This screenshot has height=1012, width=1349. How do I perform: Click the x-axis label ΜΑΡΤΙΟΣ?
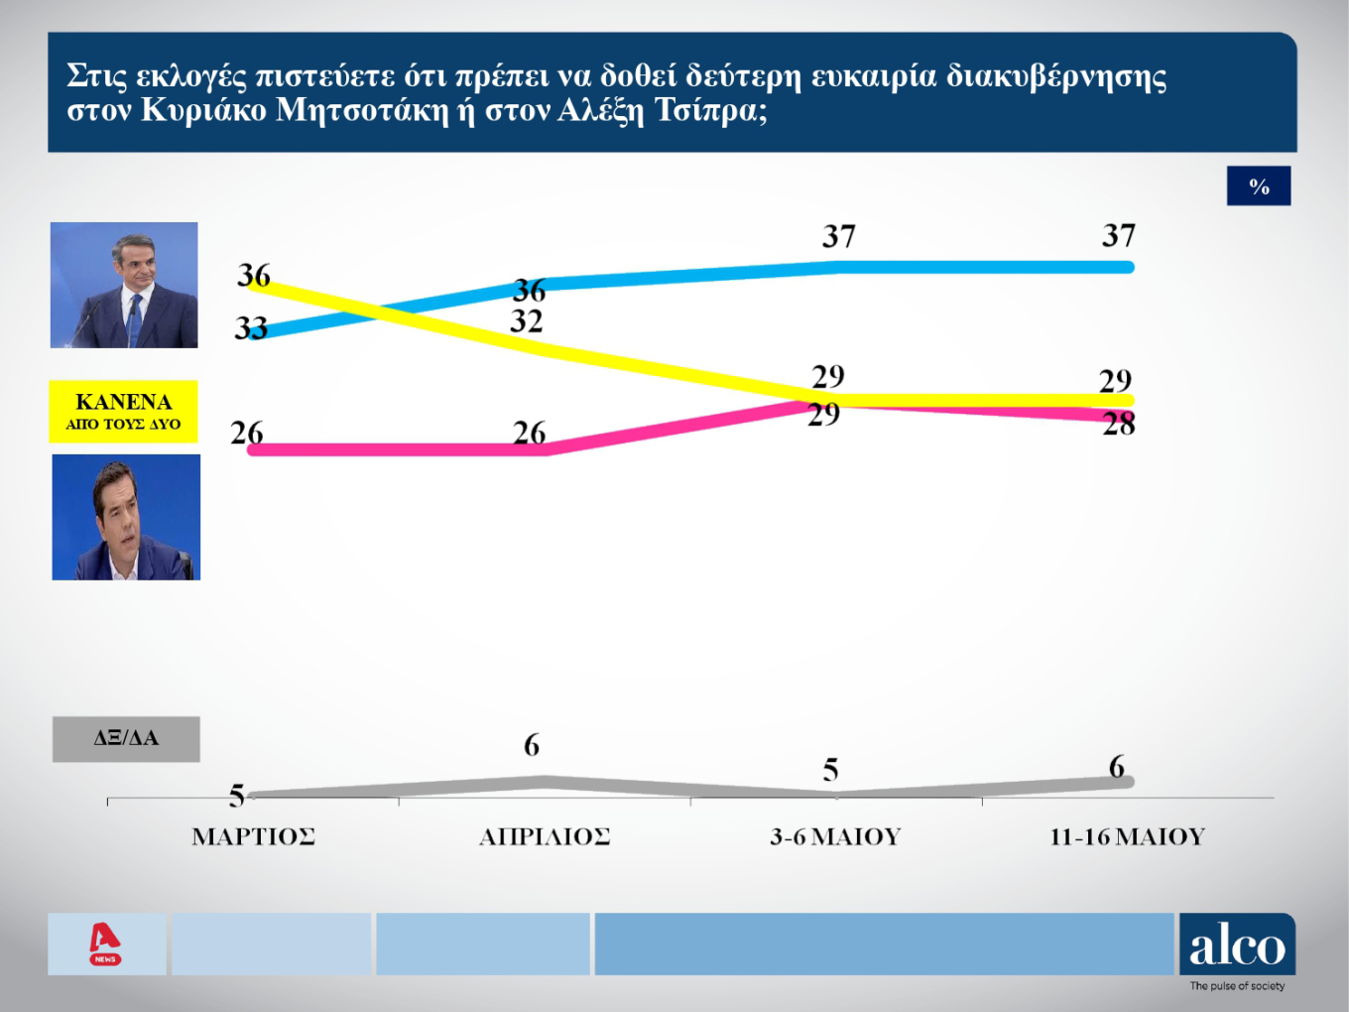point(253,836)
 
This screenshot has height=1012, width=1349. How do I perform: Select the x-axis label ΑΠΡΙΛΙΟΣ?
point(545,836)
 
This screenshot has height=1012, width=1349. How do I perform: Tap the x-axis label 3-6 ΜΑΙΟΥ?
point(835,836)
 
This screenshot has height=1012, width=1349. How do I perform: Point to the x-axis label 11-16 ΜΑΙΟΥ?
point(1127,836)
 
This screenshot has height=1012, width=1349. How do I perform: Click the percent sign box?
point(1259,187)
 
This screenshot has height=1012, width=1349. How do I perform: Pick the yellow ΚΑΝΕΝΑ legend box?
point(124,411)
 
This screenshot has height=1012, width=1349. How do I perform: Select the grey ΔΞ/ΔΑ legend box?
point(126,738)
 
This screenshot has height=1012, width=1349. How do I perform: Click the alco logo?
point(1237,946)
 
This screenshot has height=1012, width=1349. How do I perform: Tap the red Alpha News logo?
point(105,944)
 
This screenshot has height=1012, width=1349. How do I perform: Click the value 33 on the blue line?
point(251,327)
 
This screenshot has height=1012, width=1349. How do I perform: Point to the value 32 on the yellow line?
point(527,321)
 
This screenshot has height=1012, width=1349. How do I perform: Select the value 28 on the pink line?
point(1119,425)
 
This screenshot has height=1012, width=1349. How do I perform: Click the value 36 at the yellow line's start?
point(254,275)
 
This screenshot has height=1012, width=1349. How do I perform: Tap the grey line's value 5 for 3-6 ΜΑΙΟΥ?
point(831,770)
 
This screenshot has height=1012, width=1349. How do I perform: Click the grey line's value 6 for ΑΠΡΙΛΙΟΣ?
point(532,745)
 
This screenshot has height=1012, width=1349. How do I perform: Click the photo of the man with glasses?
point(124,285)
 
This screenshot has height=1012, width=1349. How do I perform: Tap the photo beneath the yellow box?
point(126,517)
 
